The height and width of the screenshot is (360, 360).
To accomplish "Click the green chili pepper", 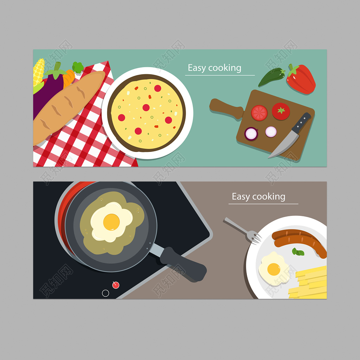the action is pyautogui.click(x=272, y=77).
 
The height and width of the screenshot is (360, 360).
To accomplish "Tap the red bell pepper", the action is pyautogui.click(x=301, y=79).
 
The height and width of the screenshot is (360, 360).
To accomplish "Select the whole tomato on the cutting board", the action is pyautogui.click(x=281, y=111).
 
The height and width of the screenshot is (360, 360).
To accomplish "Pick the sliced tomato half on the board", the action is pyautogui.click(x=259, y=113).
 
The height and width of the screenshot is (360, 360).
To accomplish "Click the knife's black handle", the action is pyautogui.click(x=301, y=123).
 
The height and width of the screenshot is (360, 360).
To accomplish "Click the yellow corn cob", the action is pyautogui.click(x=39, y=72).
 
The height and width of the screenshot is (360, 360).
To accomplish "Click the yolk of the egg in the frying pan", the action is pyautogui.click(x=111, y=222).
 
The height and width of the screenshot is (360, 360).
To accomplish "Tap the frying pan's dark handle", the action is pyautogui.click(x=183, y=264).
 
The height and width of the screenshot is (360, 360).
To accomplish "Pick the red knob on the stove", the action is pyautogui.click(x=116, y=285).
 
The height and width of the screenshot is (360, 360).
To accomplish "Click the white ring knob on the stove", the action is pyautogui.click(x=105, y=293).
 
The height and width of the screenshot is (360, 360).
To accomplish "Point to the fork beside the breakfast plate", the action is pyautogui.click(x=243, y=231).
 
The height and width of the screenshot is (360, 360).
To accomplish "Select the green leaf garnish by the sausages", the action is pyautogui.click(x=298, y=252).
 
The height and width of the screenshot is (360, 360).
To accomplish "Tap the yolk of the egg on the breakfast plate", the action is pyautogui.click(x=274, y=269).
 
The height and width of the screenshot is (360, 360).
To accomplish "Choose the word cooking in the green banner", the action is pyautogui.click(x=225, y=68).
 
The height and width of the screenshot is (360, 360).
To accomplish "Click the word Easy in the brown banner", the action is pyautogui.click(x=240, y=197).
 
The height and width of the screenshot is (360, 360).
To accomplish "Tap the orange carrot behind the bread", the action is pyautogui.click(x=69, y=78).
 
